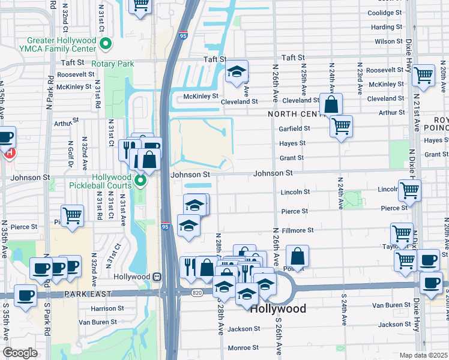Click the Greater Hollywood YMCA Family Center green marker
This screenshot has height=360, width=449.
106,43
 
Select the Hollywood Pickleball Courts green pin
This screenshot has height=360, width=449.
140,180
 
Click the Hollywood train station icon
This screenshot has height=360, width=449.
157,277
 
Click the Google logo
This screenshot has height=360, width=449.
20,352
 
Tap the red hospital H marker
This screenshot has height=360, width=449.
9,154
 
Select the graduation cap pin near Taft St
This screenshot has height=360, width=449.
237,72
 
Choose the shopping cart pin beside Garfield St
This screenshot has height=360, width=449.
341,126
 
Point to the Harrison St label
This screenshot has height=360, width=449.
107,308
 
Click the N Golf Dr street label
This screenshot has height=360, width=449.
71,155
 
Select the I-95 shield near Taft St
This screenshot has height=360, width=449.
182,36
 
